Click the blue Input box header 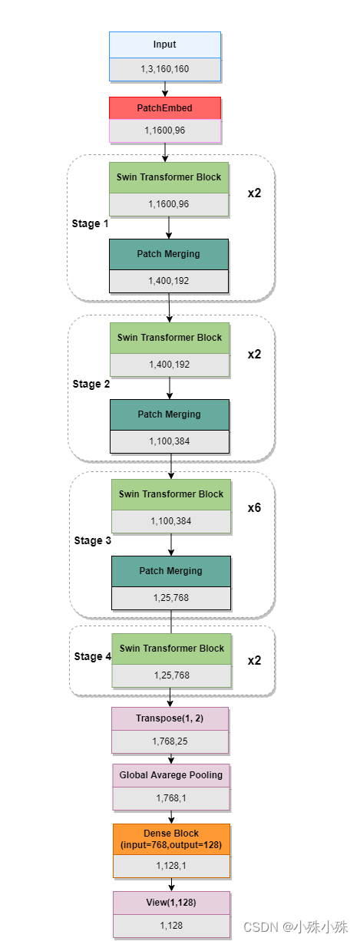165,45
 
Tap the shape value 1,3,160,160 165,69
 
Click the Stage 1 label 90,223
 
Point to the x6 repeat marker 254,508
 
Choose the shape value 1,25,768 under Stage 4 172,675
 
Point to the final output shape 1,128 171,925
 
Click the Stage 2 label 91,384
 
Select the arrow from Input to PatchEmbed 165,88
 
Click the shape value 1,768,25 170,741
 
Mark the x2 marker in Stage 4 254,661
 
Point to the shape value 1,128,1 171,865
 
